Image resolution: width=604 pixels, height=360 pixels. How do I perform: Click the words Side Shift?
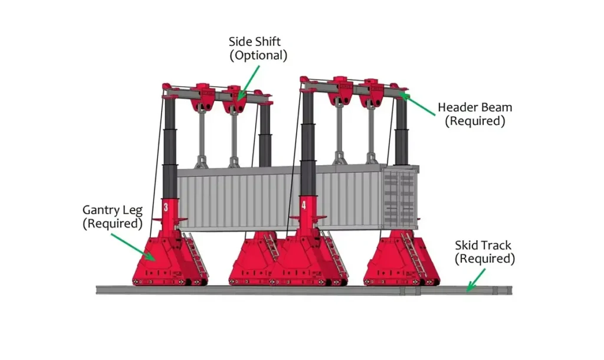coord(255,42)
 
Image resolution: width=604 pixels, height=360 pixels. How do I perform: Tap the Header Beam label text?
coord(475,114)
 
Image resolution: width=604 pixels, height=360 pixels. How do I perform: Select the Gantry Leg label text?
coord(113,217)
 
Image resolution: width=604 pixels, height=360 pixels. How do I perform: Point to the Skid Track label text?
coord(485,251)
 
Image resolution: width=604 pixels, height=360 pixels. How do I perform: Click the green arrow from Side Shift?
coord(248,83)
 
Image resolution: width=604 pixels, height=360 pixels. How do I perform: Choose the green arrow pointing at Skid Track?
coord(476,280)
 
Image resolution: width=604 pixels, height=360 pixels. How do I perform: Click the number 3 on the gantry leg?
coord(166,207)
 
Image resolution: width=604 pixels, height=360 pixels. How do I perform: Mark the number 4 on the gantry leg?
coord(304,205)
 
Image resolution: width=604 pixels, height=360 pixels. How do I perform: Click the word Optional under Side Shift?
coord(258,55)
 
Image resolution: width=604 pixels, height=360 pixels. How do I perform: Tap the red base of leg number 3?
coord(169,258)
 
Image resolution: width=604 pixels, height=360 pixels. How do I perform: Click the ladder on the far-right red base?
coord(413,254)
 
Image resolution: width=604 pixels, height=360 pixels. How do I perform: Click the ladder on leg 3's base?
coord(195,254)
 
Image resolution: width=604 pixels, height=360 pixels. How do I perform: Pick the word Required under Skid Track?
coord(485,258)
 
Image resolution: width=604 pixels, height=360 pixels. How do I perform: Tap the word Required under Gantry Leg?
coord(113,224)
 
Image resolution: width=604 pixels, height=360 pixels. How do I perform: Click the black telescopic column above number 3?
coord(169,148)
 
